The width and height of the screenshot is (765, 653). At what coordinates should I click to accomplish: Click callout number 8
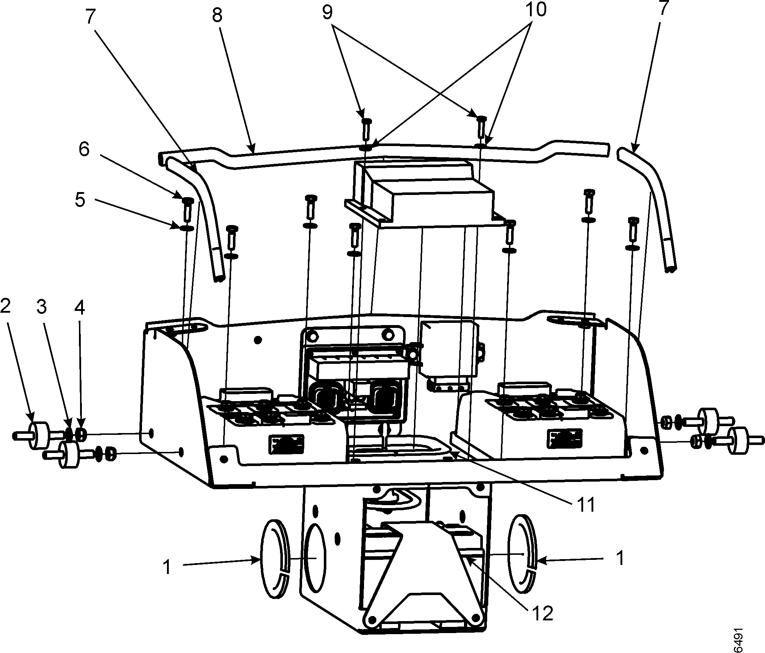(217, 16)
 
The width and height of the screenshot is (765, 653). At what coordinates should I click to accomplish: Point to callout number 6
(84, 150)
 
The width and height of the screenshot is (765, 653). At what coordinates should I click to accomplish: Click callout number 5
(80, 200)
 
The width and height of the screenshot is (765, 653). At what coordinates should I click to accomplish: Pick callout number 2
(5, 307)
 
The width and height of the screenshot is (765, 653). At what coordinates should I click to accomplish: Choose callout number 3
(42, 307)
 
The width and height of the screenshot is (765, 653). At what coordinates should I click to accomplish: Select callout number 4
(79, 307)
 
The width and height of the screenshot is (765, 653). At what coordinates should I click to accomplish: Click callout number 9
(327, 13)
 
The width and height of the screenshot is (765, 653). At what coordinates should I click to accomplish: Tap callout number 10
(536, 9)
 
